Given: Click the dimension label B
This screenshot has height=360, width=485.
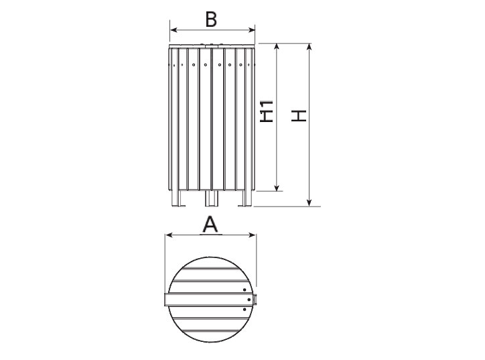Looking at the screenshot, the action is point(211,19).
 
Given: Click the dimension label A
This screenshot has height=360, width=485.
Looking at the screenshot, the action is point(210,225).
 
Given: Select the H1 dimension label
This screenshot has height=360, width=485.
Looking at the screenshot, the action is point(267,111).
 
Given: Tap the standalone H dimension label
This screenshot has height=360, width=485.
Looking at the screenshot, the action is point(299,115).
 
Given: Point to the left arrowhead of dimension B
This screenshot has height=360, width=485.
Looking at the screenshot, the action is point(174,30).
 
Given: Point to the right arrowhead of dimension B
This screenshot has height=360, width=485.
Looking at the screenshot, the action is point(252,30).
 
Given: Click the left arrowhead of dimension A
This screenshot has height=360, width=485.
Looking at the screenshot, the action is point(169,235).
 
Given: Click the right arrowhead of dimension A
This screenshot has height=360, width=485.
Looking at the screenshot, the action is point(253,235).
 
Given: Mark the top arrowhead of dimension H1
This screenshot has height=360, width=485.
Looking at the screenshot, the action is point(277,47).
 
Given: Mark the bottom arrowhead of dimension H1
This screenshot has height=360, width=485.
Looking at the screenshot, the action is point(277,188).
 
